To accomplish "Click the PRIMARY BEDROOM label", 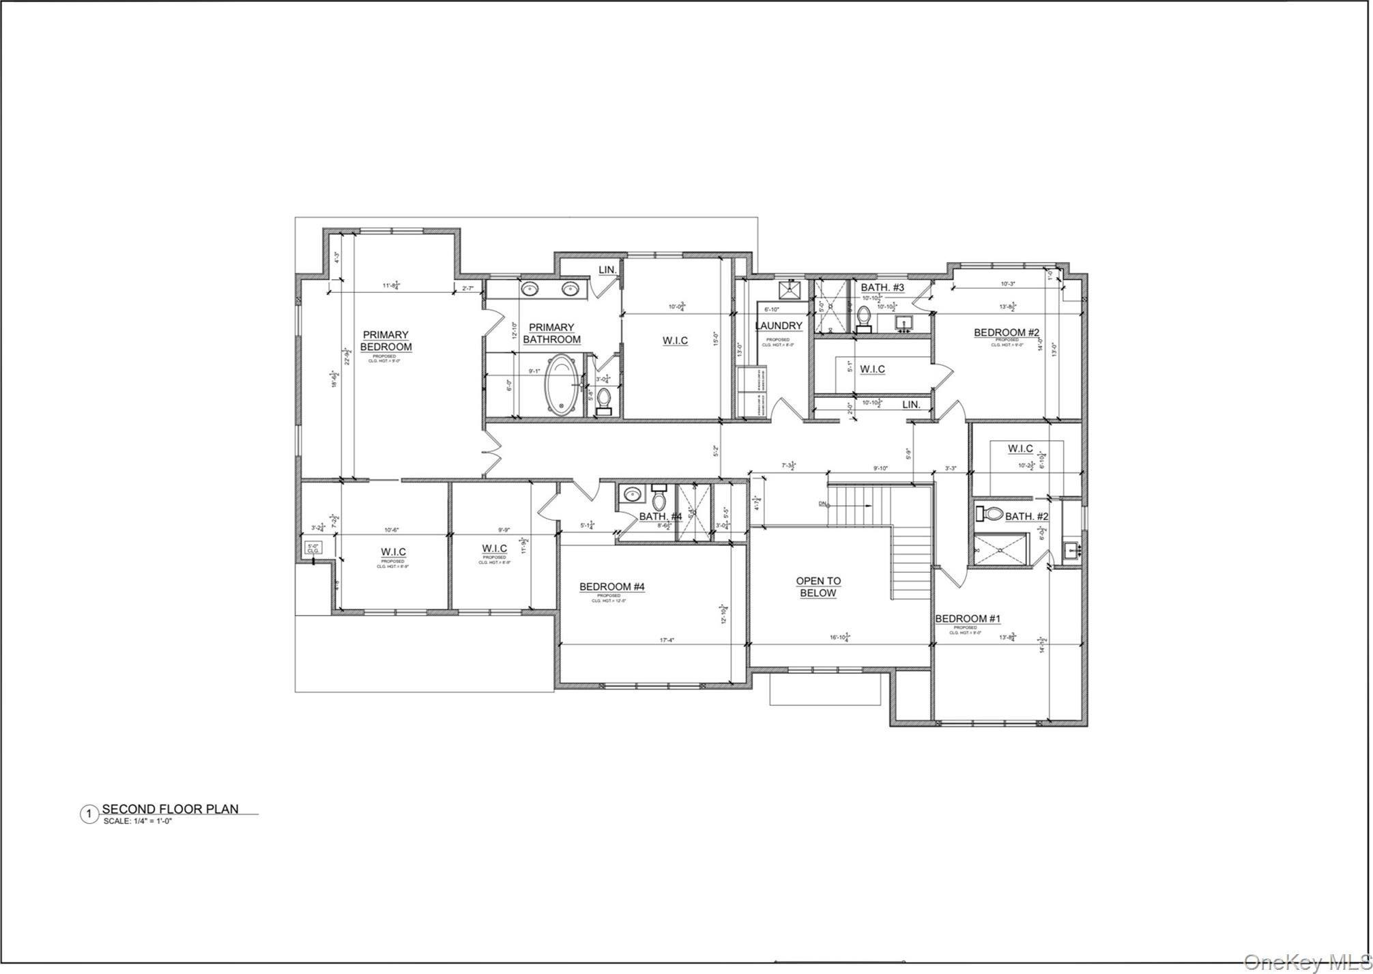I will point(386,341).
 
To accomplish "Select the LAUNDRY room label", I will point(778,326).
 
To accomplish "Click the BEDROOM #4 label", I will point(612,586).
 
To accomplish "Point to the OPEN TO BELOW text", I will point(818,587).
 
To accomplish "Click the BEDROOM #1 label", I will point(967,618).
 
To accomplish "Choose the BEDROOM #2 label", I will point(1006,332).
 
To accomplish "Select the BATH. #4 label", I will point(660,516).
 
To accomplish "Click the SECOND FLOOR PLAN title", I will point(170,809).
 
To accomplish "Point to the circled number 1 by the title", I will point(88,814).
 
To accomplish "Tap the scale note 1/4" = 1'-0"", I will point(137,821).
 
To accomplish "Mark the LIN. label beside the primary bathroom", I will point(607,270).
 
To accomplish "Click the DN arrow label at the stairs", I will point(824,504).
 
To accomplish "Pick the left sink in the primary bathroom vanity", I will point(530,289).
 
